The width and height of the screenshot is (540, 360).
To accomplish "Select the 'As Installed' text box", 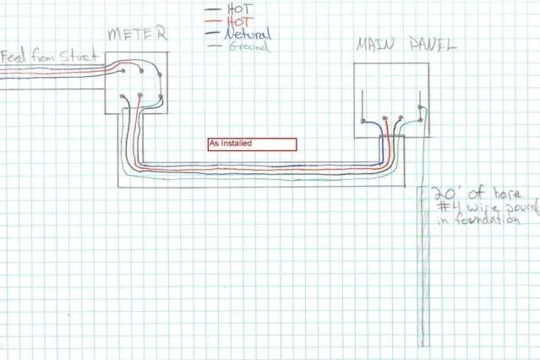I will pyautogui.click(x=252, y=145).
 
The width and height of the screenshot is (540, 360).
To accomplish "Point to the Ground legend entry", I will pyautogui.click(x=248, y=47).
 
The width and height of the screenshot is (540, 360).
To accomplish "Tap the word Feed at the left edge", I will pyautogui.click(x=15, y=58).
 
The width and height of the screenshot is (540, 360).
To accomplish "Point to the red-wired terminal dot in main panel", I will pyautogui.click(x=389, y=120).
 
